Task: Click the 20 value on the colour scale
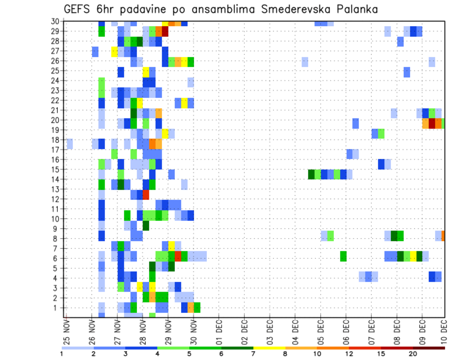point(413,354)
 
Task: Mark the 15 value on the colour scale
point(381,354)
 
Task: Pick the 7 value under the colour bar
point(253,354)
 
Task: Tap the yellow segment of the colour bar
point(269,347)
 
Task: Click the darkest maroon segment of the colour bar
point(429,347)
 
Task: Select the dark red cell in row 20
point(432,123)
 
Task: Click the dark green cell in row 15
point(311,174)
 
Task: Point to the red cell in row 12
point(146,195)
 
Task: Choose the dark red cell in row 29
point(165,32)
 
